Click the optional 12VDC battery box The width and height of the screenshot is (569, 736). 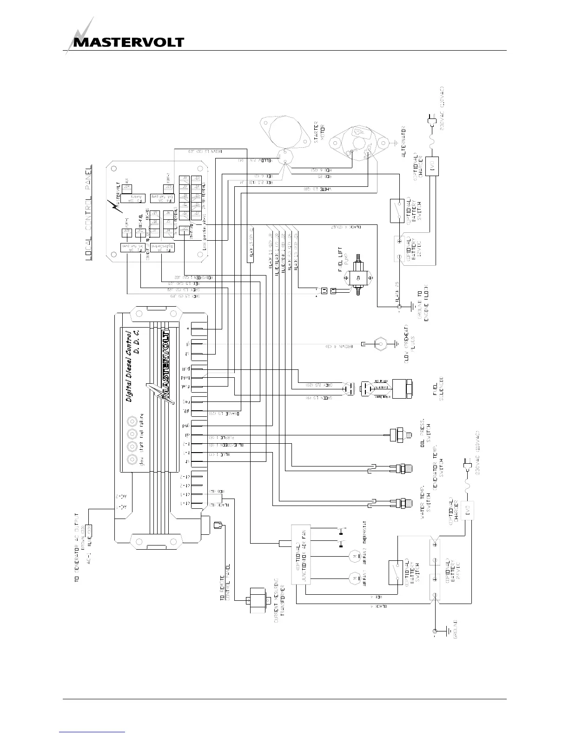[x=400, y=249]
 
